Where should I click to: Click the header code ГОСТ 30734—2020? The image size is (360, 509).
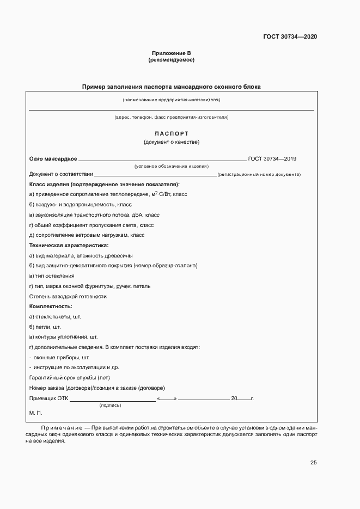290,36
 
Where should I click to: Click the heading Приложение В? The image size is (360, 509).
171,53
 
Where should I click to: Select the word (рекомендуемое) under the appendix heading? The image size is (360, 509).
171,60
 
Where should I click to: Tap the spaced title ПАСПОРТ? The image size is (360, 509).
171,133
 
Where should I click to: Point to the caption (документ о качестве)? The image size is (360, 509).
171,143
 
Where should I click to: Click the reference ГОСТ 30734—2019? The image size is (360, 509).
272,158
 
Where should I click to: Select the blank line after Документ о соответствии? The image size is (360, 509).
155,175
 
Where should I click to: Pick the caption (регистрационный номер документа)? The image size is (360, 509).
259,175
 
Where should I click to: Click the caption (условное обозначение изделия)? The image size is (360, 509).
171,166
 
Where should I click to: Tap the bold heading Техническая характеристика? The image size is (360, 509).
69,246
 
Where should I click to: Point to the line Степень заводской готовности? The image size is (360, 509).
68,296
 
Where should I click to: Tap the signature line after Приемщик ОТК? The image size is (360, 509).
112,400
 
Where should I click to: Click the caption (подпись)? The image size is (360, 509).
110,406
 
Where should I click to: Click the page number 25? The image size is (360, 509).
313,463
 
